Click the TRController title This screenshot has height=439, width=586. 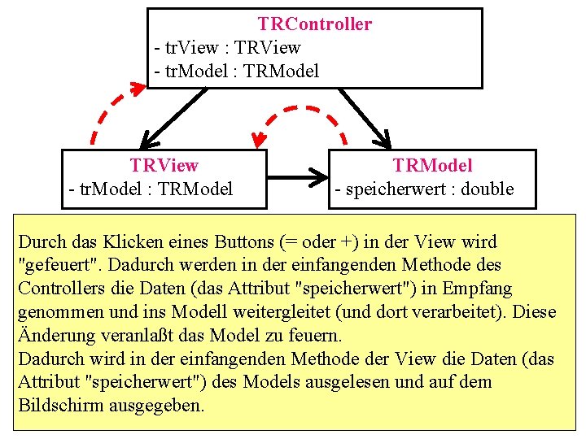(x=314, y=24)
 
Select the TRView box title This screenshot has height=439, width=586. (x=164, y=166)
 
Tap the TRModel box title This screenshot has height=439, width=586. (x=432, y=166)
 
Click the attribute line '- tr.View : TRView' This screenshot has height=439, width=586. (x=227, y=48)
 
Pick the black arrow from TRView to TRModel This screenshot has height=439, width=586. (x=297, y=173)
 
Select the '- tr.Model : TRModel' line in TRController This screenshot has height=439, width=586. (x=236, y=72)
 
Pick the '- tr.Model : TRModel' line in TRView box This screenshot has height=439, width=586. (x=151, y=189)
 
